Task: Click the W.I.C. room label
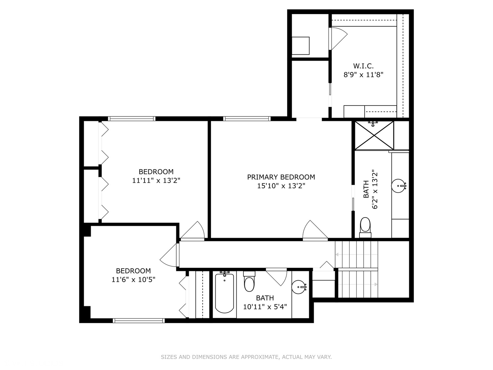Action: pos(363,66)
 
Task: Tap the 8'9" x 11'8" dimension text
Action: pos(363,75)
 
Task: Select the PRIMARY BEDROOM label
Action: pos(281,177)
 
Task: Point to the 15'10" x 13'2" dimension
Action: pos(281,186)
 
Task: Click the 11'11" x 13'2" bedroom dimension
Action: pos(156,181)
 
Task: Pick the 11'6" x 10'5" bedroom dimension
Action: pos(134,280)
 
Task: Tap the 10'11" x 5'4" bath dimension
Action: pos(265,307)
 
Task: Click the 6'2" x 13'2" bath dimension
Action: pos(375,189)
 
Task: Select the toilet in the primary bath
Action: pos(365,227)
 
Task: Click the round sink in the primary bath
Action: pos(399,186)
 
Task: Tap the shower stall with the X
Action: pos(374,135)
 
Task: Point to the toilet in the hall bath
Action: pos(249,282)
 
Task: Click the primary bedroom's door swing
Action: pos(315,231)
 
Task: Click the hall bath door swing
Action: pos(277,277)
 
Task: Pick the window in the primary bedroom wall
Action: pos(247,119)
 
